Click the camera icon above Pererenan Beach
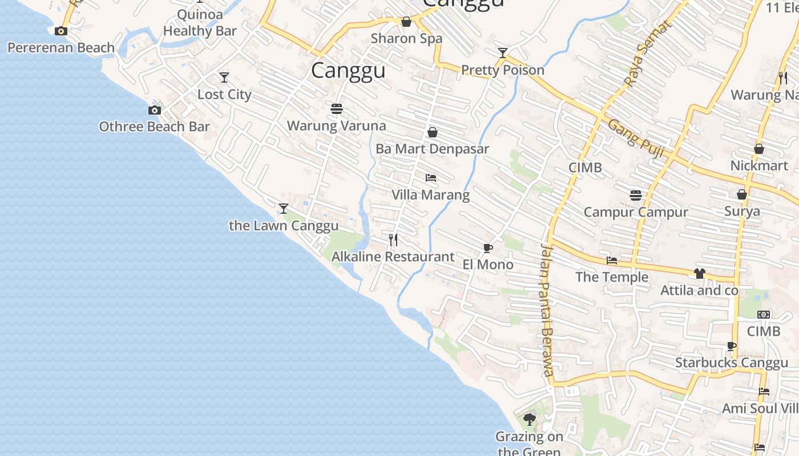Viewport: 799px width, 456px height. coord(61,31)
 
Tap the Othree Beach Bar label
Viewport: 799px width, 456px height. coord(154,127)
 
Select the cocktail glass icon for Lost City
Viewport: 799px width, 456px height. coord(224,77)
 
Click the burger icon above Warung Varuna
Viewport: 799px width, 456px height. coord(336,108)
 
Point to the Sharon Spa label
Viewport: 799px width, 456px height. coord(406,39)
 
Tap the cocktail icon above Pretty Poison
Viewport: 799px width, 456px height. coord(503,53)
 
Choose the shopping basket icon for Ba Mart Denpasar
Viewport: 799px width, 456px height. coord(433,132)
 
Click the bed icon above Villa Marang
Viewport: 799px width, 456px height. coord(431,178)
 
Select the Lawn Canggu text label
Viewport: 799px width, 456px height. coord(284,226)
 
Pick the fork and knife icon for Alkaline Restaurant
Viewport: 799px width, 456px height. coord(393,239)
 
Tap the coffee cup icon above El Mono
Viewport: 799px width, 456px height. coord(487,248)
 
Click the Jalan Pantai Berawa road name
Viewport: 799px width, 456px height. coord(547,310)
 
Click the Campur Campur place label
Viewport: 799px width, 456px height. coord(636,213)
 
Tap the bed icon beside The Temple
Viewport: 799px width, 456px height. coord(612,260)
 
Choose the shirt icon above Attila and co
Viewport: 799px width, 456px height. coord(700,274)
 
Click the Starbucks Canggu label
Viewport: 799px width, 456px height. coord(732,363)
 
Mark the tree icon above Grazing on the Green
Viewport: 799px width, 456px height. coord(530,420)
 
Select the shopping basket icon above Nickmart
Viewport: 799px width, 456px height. coord(759,149)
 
